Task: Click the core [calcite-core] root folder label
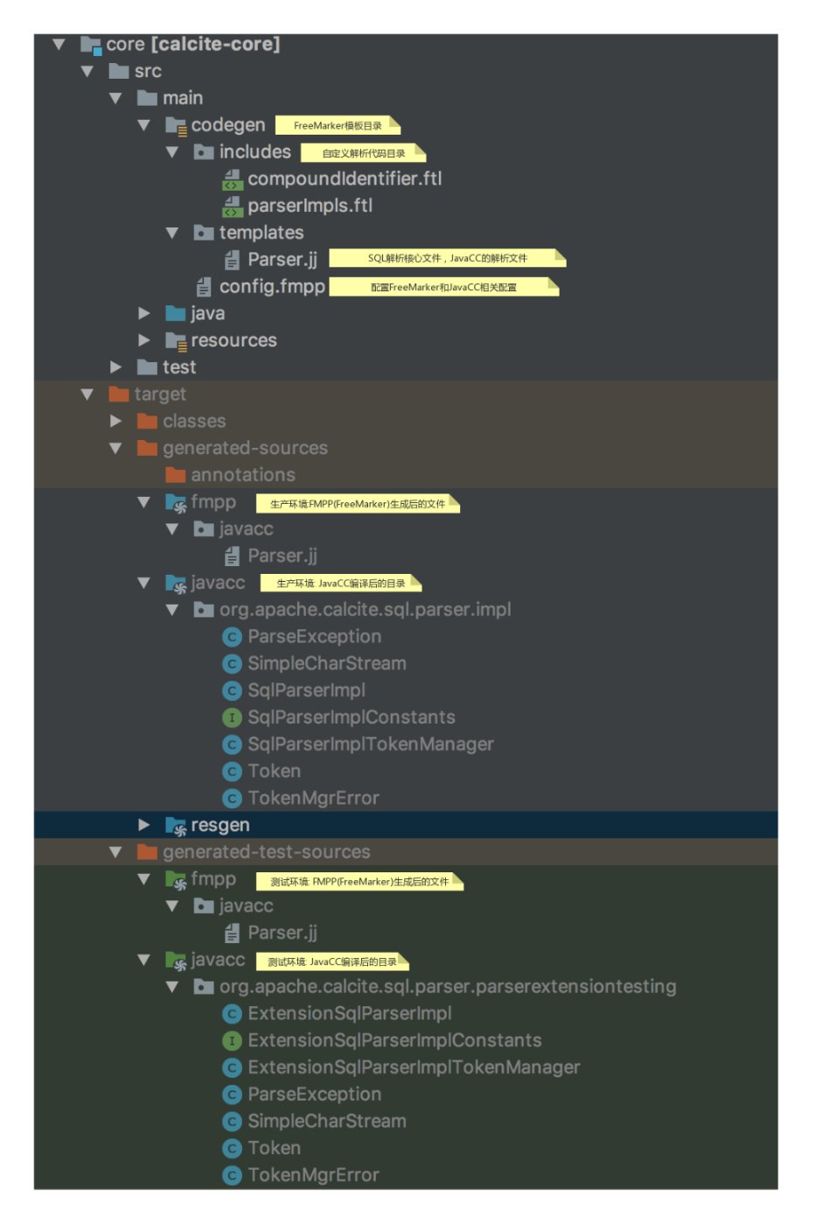coord(192,44)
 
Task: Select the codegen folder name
coord(227,125)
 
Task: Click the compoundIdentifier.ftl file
coord(345,178)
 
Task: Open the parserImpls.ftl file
coord(310,206)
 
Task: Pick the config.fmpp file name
coord(272,286)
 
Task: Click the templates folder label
coord(261,233)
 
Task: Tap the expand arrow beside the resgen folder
coord(144,824)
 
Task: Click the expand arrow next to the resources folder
coord(144,339)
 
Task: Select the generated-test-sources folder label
coord(266,851)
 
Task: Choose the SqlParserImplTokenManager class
coord(370,744)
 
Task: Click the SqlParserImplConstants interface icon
coord(232,717)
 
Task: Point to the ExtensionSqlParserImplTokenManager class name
coord(414,1067)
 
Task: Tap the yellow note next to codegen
coord(338,125)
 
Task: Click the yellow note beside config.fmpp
coord(443,287)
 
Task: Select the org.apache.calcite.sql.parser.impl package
coord(365,609)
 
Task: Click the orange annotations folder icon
coord(176,475)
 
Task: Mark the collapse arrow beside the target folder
coord(87,395)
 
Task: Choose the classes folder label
coord(194,421)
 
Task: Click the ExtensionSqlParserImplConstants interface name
coord(394,1040)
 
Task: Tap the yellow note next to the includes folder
coord(363,153)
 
